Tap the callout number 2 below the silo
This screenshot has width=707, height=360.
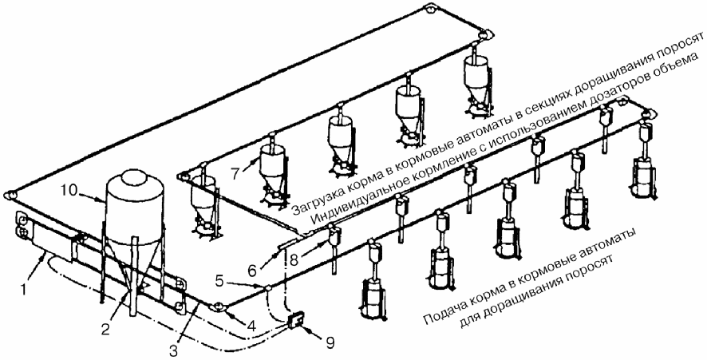pos(105,329)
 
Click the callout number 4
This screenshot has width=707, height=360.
pos(251,326)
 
